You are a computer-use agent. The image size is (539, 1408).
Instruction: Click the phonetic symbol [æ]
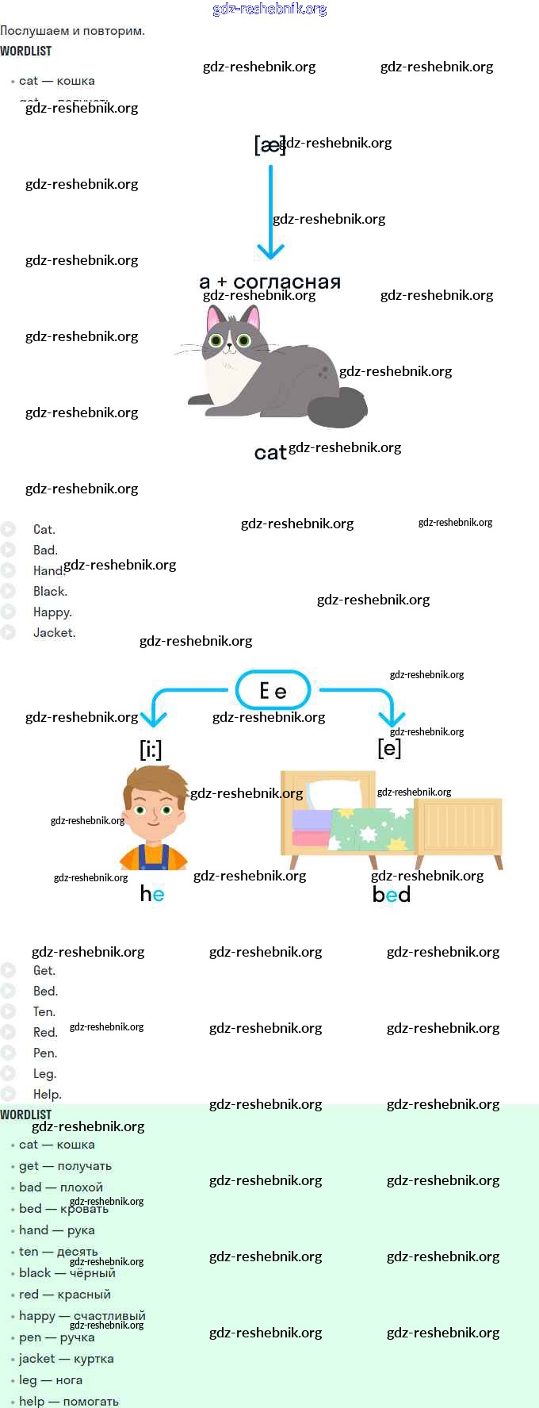pyautogui.click(x=269, y=145)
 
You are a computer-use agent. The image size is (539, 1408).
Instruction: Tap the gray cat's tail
pyautogui.click(x=339, y=408)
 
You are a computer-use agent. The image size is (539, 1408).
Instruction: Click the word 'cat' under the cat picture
pyautogui.click(x=269, y=453)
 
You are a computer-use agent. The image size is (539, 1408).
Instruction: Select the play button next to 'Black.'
pyautogui.click(x=9, y=591)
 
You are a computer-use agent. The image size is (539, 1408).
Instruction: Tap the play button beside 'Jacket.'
pyautogui.click(x=9, y=632)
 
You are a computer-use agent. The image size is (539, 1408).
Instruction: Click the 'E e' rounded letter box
pyautogui.click(x=273, y=690)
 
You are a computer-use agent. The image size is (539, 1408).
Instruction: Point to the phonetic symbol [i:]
pyautogui.click(x=151, y=749)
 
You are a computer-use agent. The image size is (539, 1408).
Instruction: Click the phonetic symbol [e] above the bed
pyautogui.click(x=389, y=747)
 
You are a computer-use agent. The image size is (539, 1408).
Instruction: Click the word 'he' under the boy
pyautogui.click(x=152, y=894)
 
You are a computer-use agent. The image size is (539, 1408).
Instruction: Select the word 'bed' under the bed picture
pyautogui.click(x=392, y=894)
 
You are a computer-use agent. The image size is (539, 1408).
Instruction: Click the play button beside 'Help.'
pyautogui.click(x=9, y=1094)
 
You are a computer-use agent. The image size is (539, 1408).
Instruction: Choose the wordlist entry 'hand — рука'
pyautogui.click(x=57, y=1230)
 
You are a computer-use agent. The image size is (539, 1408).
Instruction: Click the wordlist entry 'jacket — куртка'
pyautogui.click(x=67, y=1359)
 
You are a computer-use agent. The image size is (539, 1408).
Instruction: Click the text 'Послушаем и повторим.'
pyautogui.click(x=72, y=31)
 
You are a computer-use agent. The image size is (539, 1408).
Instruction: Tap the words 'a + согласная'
pyautogui.click(x=269, y=282)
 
